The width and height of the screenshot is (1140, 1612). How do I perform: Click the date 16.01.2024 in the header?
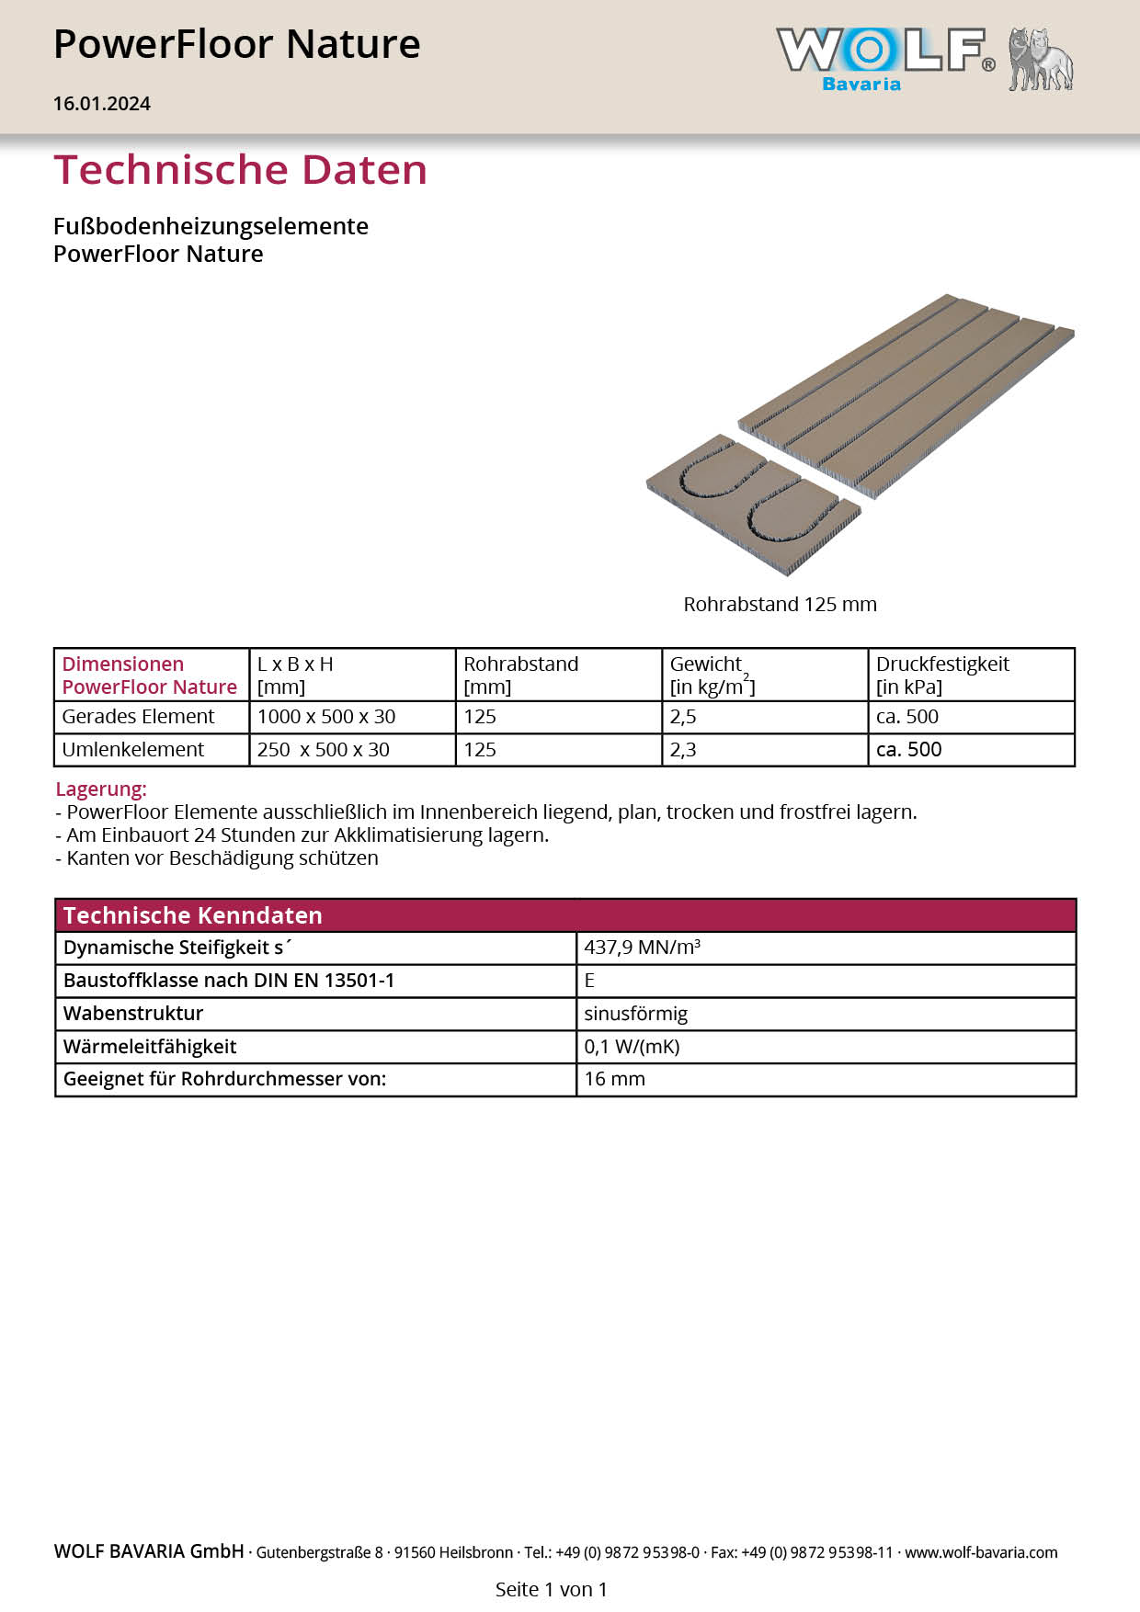coord(102,104)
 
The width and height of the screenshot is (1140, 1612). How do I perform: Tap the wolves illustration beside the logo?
coord(1041,60)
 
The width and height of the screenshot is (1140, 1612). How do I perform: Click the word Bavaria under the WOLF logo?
coord(861,85)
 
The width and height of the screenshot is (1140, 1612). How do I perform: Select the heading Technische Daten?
coord(241,170)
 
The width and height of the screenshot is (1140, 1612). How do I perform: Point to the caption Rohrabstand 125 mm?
coord(780,605)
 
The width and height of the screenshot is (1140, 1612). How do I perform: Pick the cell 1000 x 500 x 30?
coord(326,717)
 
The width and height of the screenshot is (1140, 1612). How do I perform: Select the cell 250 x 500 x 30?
coord(324,750)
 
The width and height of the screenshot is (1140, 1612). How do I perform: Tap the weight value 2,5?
coord(683,717)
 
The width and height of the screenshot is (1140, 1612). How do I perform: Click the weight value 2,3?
coord(683,750)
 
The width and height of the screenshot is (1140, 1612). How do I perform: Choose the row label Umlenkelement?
coord(133,750)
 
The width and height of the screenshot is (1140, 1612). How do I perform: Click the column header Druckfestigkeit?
coord(942,664)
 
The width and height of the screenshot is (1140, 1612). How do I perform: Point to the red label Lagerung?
coord(101,789)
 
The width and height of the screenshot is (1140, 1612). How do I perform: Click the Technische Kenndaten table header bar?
coord(565,915)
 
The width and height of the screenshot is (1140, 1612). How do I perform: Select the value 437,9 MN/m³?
coord(643,948)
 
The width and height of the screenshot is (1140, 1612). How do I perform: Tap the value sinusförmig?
coord(636,1014)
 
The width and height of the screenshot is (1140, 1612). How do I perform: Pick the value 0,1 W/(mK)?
coord(633,1047)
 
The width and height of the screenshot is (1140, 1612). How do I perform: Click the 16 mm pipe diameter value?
coord(615,1079)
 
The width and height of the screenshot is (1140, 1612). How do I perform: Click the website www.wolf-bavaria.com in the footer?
coord(981,1552)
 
